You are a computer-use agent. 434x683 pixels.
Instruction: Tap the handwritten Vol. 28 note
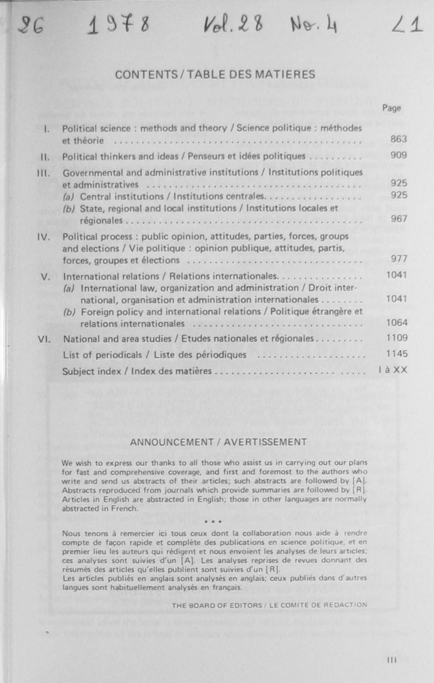point(233,25)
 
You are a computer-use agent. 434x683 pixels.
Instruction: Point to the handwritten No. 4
point(313,26)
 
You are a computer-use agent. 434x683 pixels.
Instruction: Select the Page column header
point(392,108)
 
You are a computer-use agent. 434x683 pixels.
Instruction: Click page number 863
point(399,139)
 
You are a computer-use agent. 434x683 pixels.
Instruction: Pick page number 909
point(399,155)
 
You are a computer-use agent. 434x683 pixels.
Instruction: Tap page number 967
point(399,219)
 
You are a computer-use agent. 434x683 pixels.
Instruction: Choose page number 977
point(399,259)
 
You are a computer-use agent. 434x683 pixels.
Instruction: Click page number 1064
point(397,323)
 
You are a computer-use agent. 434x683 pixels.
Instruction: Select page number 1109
point(397,338)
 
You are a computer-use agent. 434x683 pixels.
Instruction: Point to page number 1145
point(397,354)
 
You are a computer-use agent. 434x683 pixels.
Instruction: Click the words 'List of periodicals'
point(102,355)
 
